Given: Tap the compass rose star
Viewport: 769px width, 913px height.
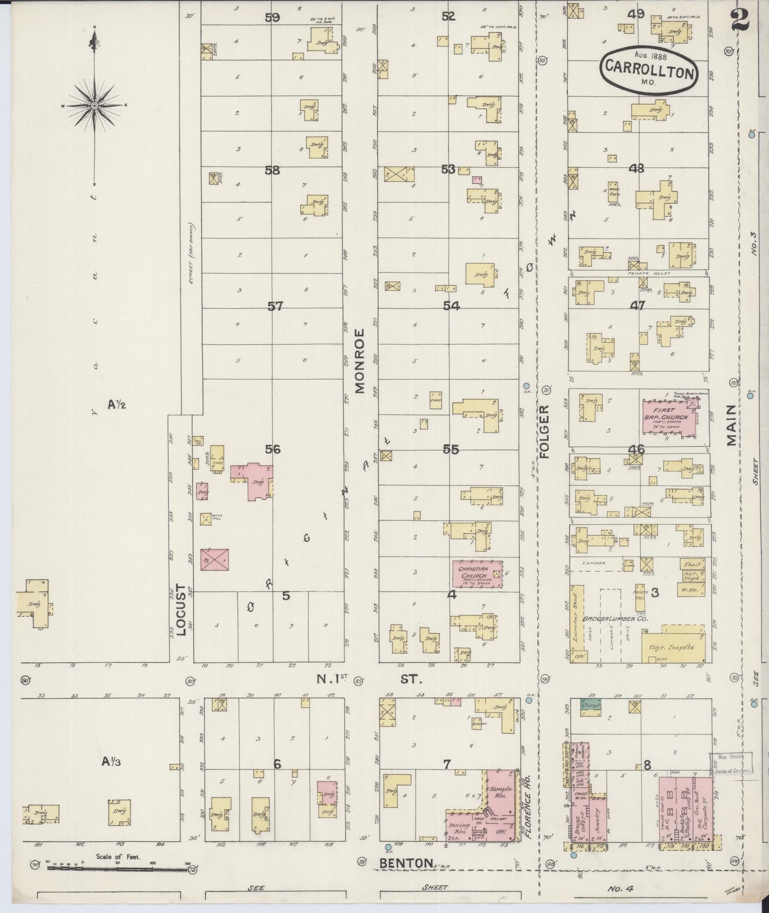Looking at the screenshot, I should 94,105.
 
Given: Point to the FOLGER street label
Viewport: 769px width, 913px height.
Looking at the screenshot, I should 543,431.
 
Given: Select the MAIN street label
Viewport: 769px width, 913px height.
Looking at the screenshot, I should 731,425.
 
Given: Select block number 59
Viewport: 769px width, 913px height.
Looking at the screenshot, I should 272,17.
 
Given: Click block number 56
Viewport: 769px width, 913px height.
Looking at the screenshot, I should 272,449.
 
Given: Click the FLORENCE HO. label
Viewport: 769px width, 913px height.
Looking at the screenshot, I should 529,804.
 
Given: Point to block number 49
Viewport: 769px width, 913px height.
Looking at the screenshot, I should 636,14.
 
